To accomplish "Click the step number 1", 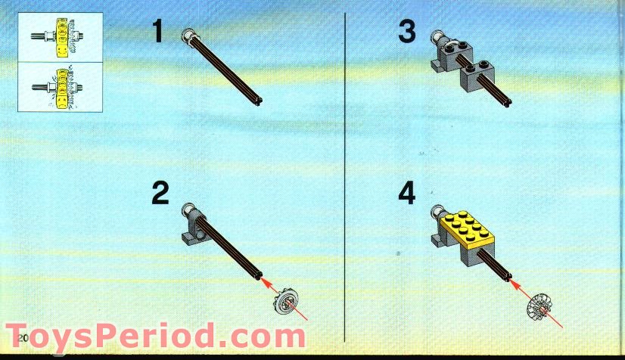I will click(157, 33).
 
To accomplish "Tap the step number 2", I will click(159, 194).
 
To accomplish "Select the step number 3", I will click(407, 33).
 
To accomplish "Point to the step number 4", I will click(407, 194).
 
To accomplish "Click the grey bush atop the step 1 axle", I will click(190, 34).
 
